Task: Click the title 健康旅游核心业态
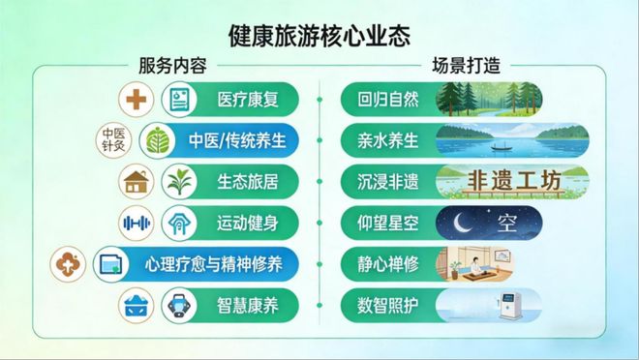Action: coord(319,36)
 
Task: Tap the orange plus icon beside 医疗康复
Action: coord(137,99)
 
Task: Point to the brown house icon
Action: coord(137,181)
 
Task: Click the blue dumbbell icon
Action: coord(137,223)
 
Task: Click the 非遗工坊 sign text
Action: coord(489,180)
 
